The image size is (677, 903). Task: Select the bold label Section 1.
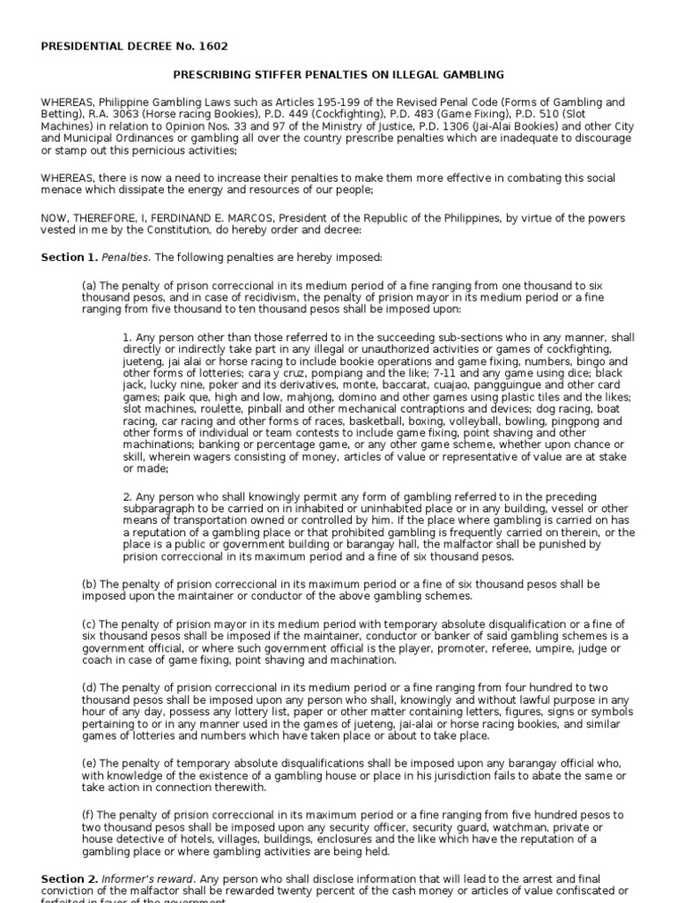(67, 257)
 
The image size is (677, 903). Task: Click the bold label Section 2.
(67, 879)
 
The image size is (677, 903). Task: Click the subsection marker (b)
(89, 584)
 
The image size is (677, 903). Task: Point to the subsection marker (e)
(89, 763)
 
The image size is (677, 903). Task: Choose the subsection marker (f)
(88, 814)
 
